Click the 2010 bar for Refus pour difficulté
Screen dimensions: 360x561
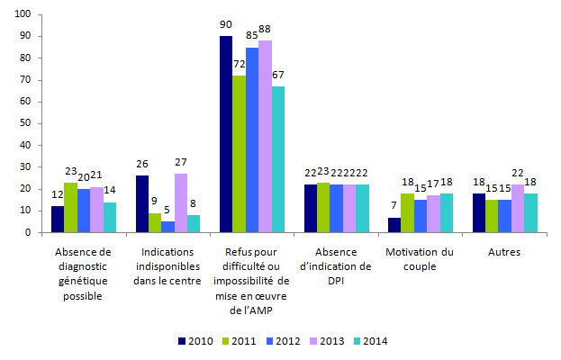pos(226,134)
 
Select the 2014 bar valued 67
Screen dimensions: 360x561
pos(277,159)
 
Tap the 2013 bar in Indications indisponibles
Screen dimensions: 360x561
pos(180,202)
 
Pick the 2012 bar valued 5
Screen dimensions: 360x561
pos(167,227)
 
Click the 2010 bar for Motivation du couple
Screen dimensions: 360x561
pos(393,225)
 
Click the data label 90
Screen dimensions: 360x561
pos(226,25)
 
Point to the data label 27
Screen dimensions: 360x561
pos(180,163)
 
